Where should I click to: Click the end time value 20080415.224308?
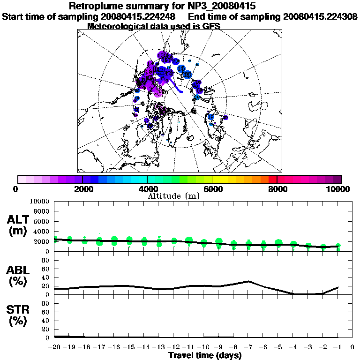coord(320,16)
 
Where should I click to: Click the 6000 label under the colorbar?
coord(212,189)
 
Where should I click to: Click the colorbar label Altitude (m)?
coord(174,196)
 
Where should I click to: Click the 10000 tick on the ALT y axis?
coord(40,201)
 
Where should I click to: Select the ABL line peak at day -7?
coord(248,281)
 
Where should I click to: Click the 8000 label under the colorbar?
coord(277,189)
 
